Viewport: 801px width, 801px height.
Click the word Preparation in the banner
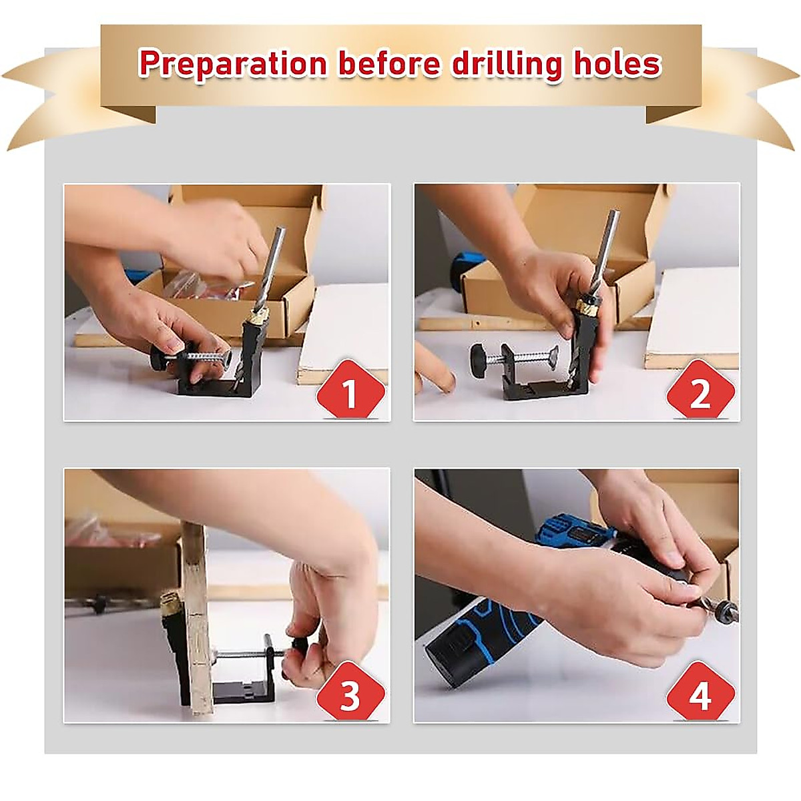tap(232, 64)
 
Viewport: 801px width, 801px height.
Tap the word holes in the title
tap(619, 64)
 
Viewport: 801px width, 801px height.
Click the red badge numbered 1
tap(350, 394)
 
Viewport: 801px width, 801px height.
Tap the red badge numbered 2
tap(700, 394)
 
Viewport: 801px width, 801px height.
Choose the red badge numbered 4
tap(700, 696)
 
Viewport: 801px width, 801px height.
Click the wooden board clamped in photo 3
tap(196, 621)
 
